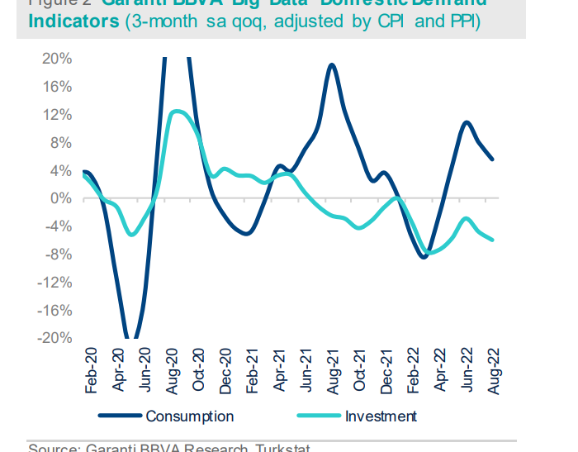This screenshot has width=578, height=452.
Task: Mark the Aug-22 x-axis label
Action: tap(493, 370)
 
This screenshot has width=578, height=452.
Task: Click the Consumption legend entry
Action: tap(189, 416)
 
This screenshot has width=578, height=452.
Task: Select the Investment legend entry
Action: tap(381, 416)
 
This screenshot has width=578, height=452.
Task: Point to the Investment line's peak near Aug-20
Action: tap(175, 111)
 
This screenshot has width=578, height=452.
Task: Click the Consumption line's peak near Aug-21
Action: tap(331, 64)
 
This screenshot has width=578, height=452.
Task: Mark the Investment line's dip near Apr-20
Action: tap(131, 235)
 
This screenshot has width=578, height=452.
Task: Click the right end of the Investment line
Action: tap(493, 240)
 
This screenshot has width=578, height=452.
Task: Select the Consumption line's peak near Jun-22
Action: tap(467, 122)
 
